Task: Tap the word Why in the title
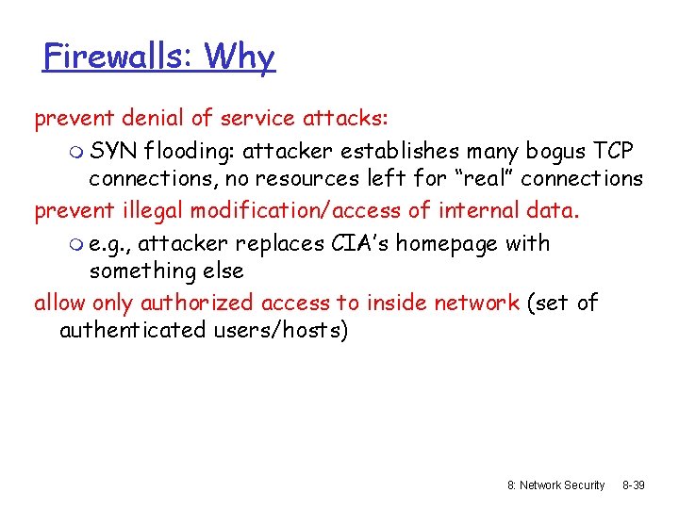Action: point(240,57)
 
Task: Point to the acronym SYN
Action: point(114,151)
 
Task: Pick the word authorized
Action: point(196,303)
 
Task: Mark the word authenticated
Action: point(131,330)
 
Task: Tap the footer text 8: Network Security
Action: point(556,484)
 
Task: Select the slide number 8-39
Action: point(634,484)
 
